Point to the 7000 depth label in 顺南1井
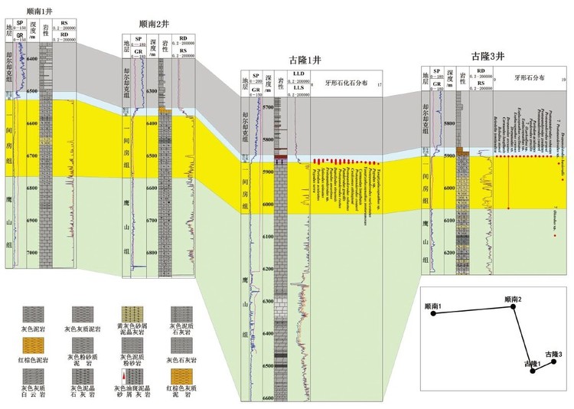point(32,253)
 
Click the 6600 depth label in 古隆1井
point(267,398)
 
